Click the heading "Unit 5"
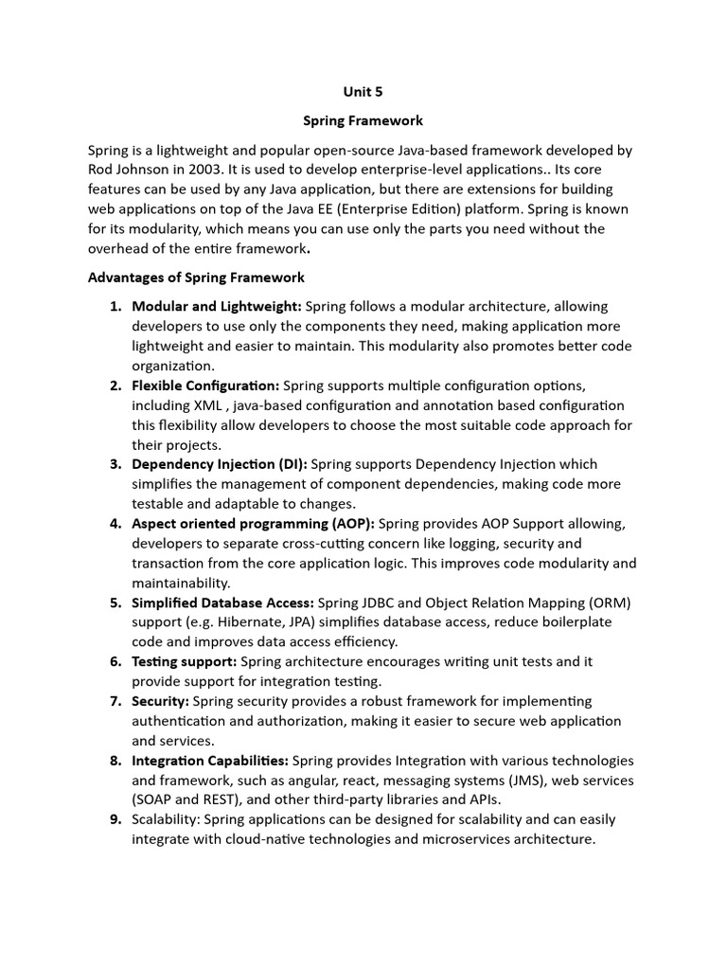click(x=363, y=93)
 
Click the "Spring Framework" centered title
click(x=363, y=121)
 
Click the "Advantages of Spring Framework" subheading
click(x=196, y=278)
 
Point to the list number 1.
click(x=115, y=306)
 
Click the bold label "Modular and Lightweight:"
click(x=217, y=306)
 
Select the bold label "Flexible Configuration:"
click(x=205, y=386)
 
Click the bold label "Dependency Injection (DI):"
click(x=220, y=464)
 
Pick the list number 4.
click(x=115, y=524)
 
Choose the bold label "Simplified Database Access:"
click(x=223, y=602)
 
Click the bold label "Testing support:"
click(x=185, y=661)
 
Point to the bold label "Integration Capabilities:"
click(x=210, y=761)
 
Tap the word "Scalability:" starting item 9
click(x=167, y=819)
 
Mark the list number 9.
click(x=115, y=819)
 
